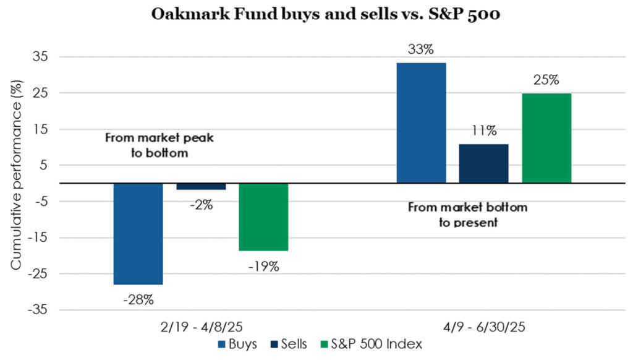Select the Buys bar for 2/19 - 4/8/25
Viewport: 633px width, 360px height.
click(x=138, y=233)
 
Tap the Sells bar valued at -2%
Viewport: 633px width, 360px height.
click(x=201, y=186)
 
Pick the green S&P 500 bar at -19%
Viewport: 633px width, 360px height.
click(x=263, y=216)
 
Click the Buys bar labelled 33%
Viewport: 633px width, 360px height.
click(x=421, y=122)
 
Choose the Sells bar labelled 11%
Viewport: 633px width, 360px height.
click(x=483, y=163)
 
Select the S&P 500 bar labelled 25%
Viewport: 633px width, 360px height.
click(x=546, y=138)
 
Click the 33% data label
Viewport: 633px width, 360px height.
click(x=421, y=49)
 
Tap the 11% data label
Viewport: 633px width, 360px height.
click(x=483, y=131)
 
